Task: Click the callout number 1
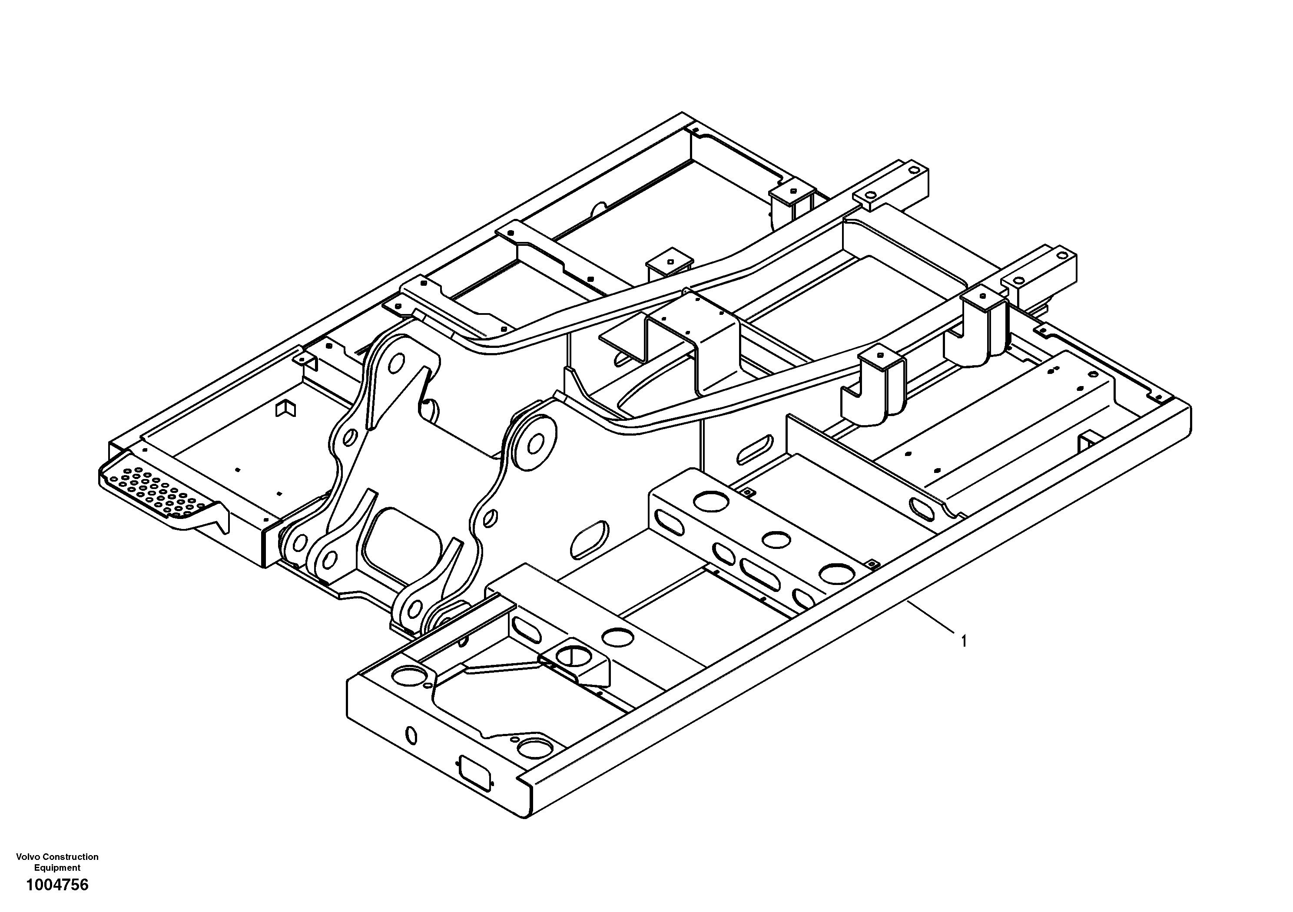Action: (964, 641)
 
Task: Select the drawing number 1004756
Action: (57, 885)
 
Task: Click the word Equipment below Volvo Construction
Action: (57, 868)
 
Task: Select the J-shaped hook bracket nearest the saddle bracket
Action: (874, 385)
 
